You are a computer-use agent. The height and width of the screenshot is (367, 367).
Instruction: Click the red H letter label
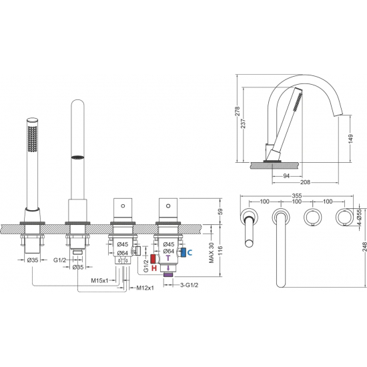154,268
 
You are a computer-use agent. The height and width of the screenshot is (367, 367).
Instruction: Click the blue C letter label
190,252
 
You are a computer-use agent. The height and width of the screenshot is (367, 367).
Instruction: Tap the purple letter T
168,258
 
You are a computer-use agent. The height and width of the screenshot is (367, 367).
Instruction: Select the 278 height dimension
238,111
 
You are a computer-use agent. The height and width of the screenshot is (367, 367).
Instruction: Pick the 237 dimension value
244,123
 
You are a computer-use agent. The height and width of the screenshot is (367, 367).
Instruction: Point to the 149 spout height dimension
350,139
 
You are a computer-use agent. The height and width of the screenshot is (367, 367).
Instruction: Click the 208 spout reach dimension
305,182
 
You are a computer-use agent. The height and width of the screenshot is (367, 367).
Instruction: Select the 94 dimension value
286,175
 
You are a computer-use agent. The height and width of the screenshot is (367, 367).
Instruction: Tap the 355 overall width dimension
297,196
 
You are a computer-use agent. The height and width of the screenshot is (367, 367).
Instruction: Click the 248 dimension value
364,247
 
